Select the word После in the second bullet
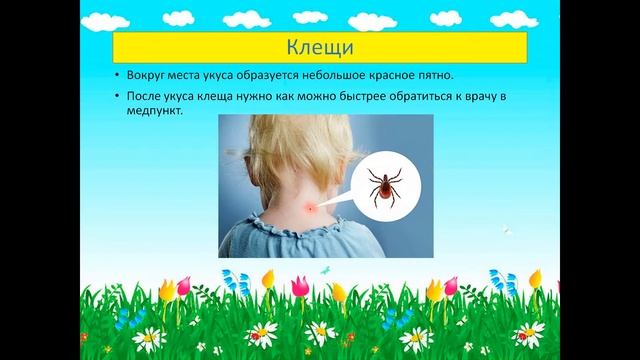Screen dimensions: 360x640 (144, 97)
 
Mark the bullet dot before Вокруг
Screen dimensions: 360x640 (118, 76)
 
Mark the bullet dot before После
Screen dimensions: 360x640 (118, 98)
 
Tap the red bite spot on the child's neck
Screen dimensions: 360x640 (310, 206)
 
